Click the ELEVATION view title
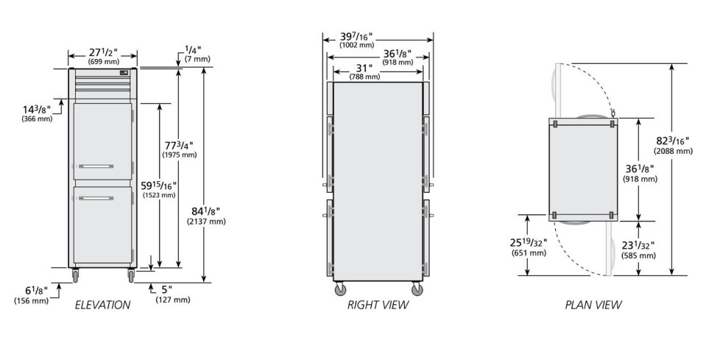[102, 305]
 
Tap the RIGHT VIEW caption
[378, 305]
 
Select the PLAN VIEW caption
[593, 305]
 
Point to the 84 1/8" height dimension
[205, 211]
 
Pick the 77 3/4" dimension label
[178, 145]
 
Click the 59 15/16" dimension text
[158, 186]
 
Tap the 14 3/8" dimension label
[37, 110]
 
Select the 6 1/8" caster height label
[36, 291]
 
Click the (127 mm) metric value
[172, 300]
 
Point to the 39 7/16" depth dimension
[356, 37]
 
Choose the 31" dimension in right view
[364, 68]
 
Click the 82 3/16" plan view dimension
[672, 141]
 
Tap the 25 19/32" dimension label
[528, 243]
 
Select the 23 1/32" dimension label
[638, 246]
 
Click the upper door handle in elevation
[96, 166]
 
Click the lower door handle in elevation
[96, 198]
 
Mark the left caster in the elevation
[75, 275]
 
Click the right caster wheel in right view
[417, 289]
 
